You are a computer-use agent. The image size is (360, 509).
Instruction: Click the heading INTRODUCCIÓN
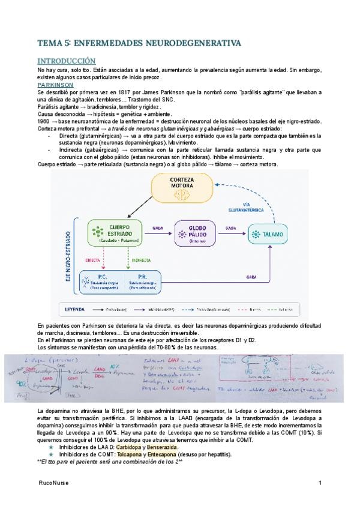pos(66,61)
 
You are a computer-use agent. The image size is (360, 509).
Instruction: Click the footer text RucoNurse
pos(51,483)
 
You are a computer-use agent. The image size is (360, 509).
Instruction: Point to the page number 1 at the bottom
pos(320,483)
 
